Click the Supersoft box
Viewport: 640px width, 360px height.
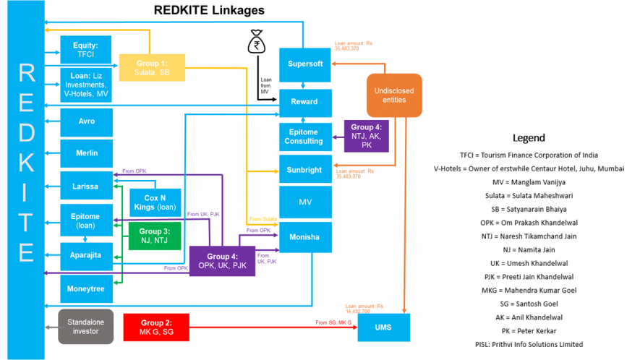[305, 64]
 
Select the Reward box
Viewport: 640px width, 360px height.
[305, 102]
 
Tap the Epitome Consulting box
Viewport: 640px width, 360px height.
[305, 136]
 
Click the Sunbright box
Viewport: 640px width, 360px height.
[305, 169]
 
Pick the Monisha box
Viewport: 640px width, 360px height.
[305, 237]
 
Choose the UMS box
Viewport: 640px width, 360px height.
[383, 327]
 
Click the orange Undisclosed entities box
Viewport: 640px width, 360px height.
[395, 95]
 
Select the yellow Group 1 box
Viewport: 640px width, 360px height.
[152, 67]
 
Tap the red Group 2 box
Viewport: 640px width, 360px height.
[156, 327]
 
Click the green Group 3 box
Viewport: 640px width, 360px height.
[155, 236]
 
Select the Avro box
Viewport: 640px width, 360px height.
[85, 121]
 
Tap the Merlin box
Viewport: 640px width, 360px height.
[85, 153]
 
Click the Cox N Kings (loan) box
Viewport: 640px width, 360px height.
[155, 202]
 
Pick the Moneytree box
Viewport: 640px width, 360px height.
[85, 288]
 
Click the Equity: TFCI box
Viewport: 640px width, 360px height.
[85, 49]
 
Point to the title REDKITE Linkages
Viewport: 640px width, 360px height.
[209, 11]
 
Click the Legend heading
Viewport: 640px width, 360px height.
[528, 137]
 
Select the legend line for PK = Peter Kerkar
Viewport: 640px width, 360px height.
[528, 330]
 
